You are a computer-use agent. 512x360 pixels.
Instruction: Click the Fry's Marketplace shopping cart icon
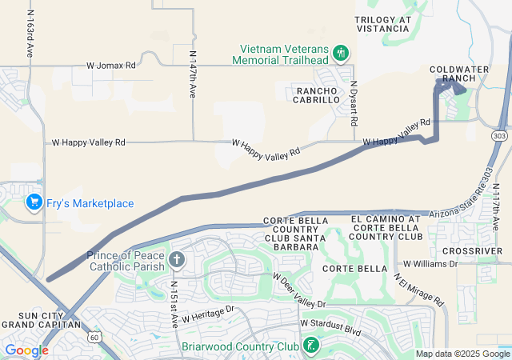pyautogui.click(x=33, y=202)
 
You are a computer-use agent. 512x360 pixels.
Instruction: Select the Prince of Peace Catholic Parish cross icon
pyautogui.click(x=176, y=259)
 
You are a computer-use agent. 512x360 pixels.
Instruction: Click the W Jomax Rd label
pyautogui.click(x=111, y=65)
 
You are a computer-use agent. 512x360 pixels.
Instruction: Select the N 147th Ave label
pyautogui.click(x=193, y=74)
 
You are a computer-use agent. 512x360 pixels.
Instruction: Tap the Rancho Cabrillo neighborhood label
pyautogui.click(x=318, y=95)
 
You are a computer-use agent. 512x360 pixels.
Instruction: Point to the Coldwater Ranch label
pyautogui.click(x=458, y=74)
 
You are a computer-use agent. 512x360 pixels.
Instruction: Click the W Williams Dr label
pyautogui.click(x=430, y=262)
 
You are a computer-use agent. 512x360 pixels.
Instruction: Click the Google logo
pyautogui.click(x=26, y=350)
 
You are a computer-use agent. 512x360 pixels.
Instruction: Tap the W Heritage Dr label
pyautogui.click(x=206, y=314)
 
